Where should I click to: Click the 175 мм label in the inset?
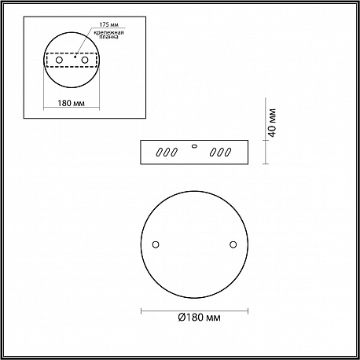pyautogui.click(x=108, y=24)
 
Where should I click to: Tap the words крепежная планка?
pyautogui.click(x=109, y=35)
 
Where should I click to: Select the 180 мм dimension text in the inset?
pyautogui.click(x=72, y=103)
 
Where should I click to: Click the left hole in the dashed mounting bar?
pyautogui.click(x=59, y=60)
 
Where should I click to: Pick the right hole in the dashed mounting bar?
pyautogui.click(x=85, y=60)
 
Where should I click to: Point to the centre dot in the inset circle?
pyautogui.click(x=75, y=56)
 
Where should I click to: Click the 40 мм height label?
pyautogui.click(x=273, y=123)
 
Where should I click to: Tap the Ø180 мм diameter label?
pyautogui.click(x=199, y=318)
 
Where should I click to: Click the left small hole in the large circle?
pyautogui.click(x=156, y=244)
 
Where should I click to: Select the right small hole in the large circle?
pyautogui.click(x=233, y=244)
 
